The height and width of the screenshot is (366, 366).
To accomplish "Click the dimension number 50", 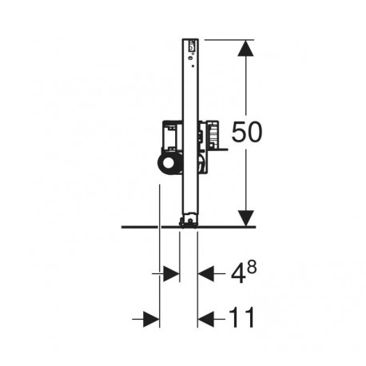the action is pos(247,132).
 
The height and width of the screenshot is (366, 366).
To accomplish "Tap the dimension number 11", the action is pos(242,317).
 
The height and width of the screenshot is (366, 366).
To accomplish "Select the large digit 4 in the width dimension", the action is pos(238,274).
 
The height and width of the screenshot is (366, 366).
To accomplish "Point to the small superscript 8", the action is pos(252,268).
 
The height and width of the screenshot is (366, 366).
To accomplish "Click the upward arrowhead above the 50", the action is pos(245,47).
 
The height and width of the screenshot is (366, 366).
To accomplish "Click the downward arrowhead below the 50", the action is pos(245,218).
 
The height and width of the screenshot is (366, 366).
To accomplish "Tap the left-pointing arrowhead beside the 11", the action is pos(205,319).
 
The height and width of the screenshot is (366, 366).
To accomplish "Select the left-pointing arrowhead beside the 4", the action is pos(205,273).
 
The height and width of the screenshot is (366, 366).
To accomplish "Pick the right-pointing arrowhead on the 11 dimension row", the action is pos(151,319).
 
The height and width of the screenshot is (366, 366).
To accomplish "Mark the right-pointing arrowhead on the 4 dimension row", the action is pos(171,273).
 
